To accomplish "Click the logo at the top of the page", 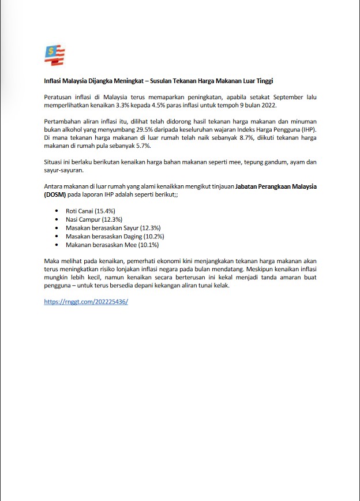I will [x=55, y=55].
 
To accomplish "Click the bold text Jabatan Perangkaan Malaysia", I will [x=276, y=187].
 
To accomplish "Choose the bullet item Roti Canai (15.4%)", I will [x=91, y=211].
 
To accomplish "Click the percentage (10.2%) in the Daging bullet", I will [x=153, y=236].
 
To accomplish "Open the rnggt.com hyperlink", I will [x=86, y=301].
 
